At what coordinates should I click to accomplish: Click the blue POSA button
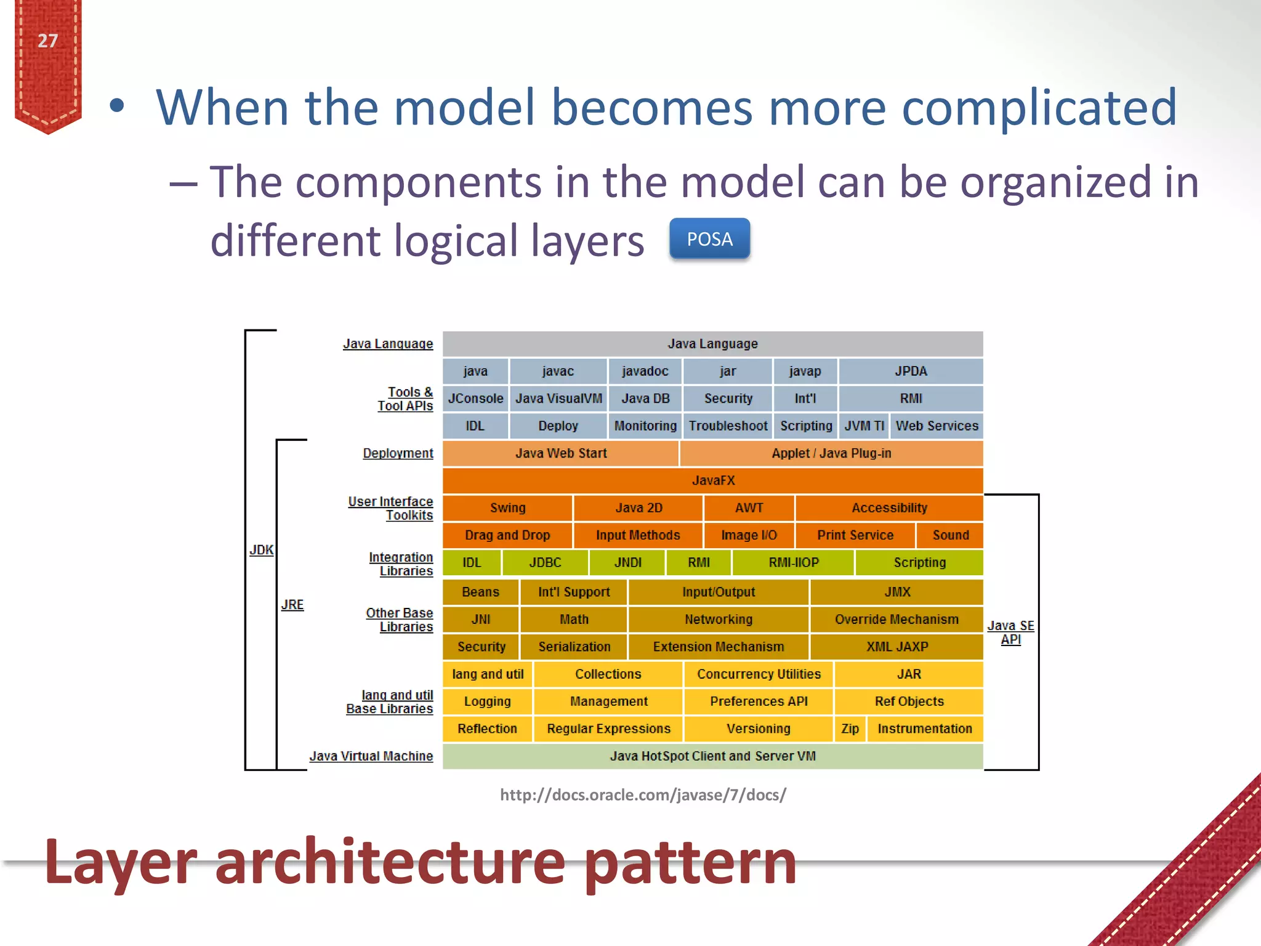(709, 239)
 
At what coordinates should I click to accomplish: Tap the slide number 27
(47, 41)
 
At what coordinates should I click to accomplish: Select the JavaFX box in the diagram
(712, 480)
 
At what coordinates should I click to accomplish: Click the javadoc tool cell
(645, 371)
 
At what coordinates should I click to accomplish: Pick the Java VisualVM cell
(558, 398)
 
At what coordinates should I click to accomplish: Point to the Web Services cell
(937, 426)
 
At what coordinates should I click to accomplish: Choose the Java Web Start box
(560, 453)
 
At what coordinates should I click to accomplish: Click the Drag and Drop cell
(507, 535)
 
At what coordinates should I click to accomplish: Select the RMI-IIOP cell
(793, 562)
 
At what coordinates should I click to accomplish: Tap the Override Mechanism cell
(896, 620)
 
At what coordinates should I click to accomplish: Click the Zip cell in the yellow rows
(850, 729)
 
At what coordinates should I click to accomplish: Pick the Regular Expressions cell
(608, 729)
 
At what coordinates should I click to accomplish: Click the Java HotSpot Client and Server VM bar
(712, 756)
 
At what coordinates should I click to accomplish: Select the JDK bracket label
(261, 550)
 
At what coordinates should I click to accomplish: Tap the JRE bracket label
(292, 605)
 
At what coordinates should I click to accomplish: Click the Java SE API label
(1010, 633)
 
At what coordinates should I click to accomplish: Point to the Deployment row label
(398, 453)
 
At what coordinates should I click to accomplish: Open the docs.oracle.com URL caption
(643, 795)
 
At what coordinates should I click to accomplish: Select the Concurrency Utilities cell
(759, 674)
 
